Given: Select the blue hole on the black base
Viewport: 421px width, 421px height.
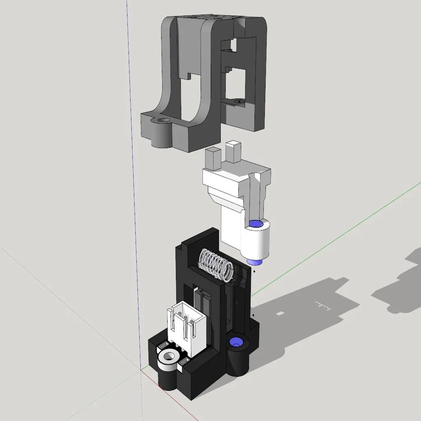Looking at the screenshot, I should tap(236, 341).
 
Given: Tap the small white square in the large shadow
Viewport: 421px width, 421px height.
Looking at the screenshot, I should tap(280, 314).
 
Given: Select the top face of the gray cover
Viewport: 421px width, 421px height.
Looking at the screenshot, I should tap(214, 19).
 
